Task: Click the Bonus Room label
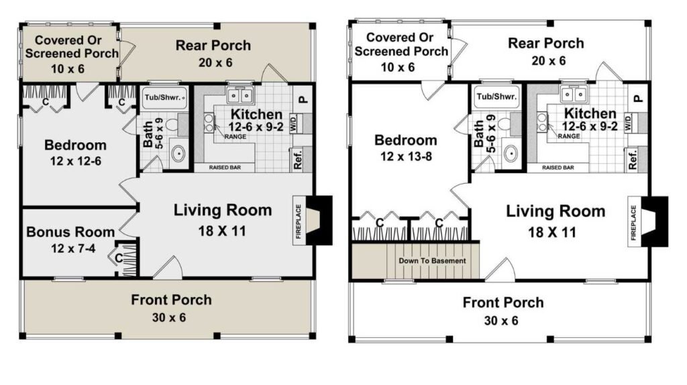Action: click(x=70, y=231)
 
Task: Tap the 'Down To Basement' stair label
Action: click(x=432, y=261)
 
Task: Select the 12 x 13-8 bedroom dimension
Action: click(x=406, y=156)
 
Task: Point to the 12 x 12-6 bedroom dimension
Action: click(x=75, y=161)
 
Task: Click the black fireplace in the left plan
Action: click(x=319, y=220)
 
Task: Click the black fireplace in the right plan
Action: click(x=655, y=221)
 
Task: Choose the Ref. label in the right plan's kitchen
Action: click(x=633, y=160)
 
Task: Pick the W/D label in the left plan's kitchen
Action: click(x=294, y=123)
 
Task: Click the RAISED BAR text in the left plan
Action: click(x=225, y=167)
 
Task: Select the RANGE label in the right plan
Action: click(x=569, y=136)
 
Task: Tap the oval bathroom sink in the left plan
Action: click(x=178, y=154)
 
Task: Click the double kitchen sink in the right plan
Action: click(x=574, y=94)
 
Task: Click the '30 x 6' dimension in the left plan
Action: click(x=169, y=317)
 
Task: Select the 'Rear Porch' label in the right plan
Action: click(x=546, y=43)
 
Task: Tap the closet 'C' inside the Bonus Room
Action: click(x=119, y=258)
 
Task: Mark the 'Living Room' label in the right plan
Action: click(x=556, y=211)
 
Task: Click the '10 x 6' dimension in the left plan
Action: click(x=68, y=69)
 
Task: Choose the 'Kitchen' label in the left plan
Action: click(x=256, y=114)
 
